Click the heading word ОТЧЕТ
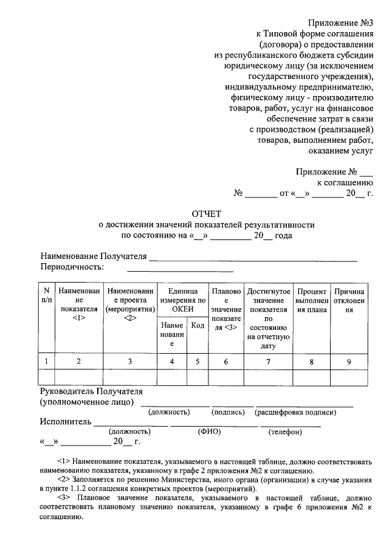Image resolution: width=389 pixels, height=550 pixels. pyautogui.click(x=207, y=214)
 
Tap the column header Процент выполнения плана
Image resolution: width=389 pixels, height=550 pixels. pyautogui.click(x=312, y=300)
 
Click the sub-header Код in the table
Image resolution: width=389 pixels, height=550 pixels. pyautogui.click(x=197, y=326)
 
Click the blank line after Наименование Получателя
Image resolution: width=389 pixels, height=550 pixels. pyautogui.click(x=253, y=260)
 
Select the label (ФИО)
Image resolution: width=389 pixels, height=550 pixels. pyautogui.click(x=209, y=431)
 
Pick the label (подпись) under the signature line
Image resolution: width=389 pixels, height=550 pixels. pyautogui.click(x=228, y=412)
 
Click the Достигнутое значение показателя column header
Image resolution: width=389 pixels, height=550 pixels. pyautogui.click(x=268, y=317)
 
